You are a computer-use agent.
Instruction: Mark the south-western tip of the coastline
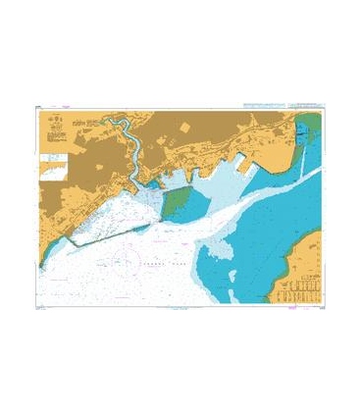pyautogui.click(x=41, y=263)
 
